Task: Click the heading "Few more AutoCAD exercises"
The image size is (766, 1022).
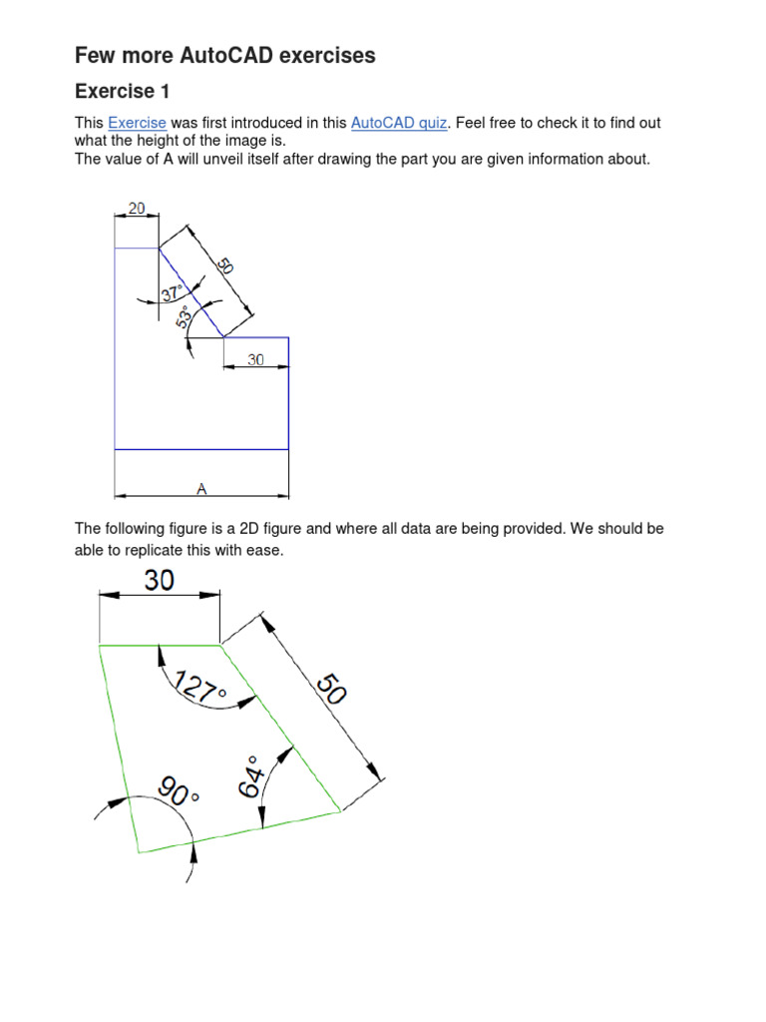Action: [x=225, y=56]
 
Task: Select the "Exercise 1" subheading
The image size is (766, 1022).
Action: [x=123, y=92]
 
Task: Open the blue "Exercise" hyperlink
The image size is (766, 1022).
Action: [x=137, y=123]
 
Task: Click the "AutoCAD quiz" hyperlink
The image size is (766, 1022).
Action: [x=399, y=123]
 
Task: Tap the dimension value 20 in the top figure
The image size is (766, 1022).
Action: [x=137, y=209]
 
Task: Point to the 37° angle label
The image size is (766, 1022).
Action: [x=173, y=293]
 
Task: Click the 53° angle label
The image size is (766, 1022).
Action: [x=184, y=317]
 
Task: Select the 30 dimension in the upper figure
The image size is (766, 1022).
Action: [x=256, y=360]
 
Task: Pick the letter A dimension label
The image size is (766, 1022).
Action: [x=201, y=488]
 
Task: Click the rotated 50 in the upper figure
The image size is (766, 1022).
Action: [x=225, y=266]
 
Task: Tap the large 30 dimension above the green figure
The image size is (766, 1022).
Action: [x=160, y=580]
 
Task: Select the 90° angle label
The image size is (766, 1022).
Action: [x=180, y=795]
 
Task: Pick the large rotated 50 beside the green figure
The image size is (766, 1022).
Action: [x=331, y=690]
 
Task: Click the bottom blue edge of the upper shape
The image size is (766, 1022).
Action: [x=201, y=449]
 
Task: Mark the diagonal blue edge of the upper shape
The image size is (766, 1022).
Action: [x=191, y=292]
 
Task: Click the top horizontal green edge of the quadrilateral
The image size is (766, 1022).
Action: [x=160, y=646]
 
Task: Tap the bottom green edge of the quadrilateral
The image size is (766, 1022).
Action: [x=239, y=831]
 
